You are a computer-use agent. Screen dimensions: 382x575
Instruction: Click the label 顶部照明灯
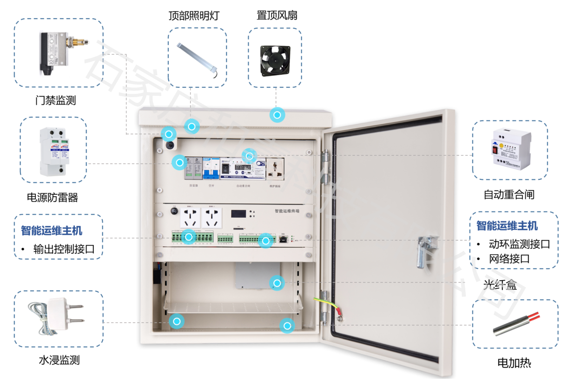coord(193,16)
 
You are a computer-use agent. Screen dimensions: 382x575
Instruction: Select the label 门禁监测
coord(55,100)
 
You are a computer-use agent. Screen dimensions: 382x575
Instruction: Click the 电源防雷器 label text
coord(53,198)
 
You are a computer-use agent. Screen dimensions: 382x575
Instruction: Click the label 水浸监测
coord(59,360)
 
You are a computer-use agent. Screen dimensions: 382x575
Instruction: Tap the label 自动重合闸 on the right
coord(509,195)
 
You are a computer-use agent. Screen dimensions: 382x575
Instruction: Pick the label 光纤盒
coord(500,284)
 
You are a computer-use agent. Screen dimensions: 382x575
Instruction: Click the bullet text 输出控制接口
coord(64,249)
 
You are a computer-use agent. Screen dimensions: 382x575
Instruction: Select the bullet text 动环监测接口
coord(519,244)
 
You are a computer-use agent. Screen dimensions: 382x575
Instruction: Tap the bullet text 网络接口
coord(509,259)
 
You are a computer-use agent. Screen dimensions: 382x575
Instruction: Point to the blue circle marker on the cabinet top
coord(278,115)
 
